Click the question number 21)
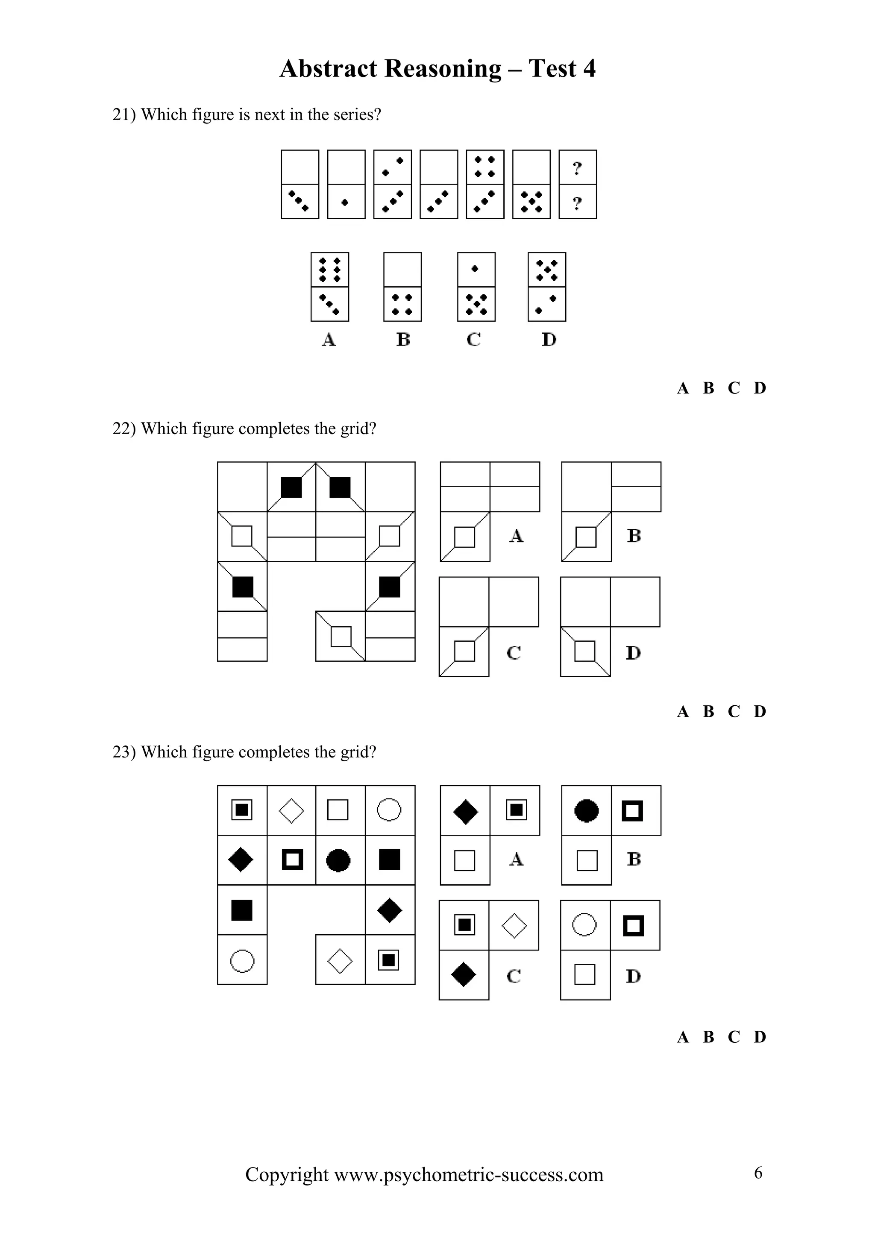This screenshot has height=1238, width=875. pyautogui.click(x=124, y=114)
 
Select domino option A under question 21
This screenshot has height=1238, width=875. pyautogui.click(x=329, y=287)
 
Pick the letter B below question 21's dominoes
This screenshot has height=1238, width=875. pyautogui.click(x=403, y=340)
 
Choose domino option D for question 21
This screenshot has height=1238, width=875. pyautogui.click(x=547, y=287)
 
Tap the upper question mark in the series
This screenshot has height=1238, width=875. pyautogui.click(x=577, y=168)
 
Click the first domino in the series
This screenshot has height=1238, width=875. pyautogui.click(x=300, y=185)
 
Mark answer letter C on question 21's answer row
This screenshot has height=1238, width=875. pyautogui.click(x=733, y=388)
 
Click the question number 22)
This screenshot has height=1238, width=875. pyautogui.click(x=124, y=428)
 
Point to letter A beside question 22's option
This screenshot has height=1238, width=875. pyautogui.click(x=516, y=536)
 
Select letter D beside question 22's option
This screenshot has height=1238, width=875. pyautogui.click(x=633, y=653)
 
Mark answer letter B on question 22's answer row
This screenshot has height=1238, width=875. pyautogui.click(x=708, y=712)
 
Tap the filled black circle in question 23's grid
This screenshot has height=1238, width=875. pyautogui.click(x=338, y=860)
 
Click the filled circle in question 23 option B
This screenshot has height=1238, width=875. pyautogui.click(x=586, y=810)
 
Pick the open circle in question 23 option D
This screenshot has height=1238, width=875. pyautogui.click(x=584, y=925)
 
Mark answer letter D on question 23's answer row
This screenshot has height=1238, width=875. pyautogui.click(x=760, y=1037)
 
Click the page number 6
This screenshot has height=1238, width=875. pyautogui.click(x=758, y=1173)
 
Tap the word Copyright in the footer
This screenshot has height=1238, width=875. pyautogui.click(x=286, y=1174)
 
